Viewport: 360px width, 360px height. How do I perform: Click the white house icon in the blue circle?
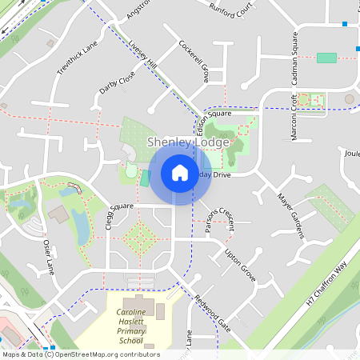click(179, 172)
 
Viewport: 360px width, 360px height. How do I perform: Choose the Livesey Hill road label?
click(143, 53)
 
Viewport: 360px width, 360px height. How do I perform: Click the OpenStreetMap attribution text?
click(80, 354)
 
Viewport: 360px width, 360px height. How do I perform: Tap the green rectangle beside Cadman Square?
click(326, 58)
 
